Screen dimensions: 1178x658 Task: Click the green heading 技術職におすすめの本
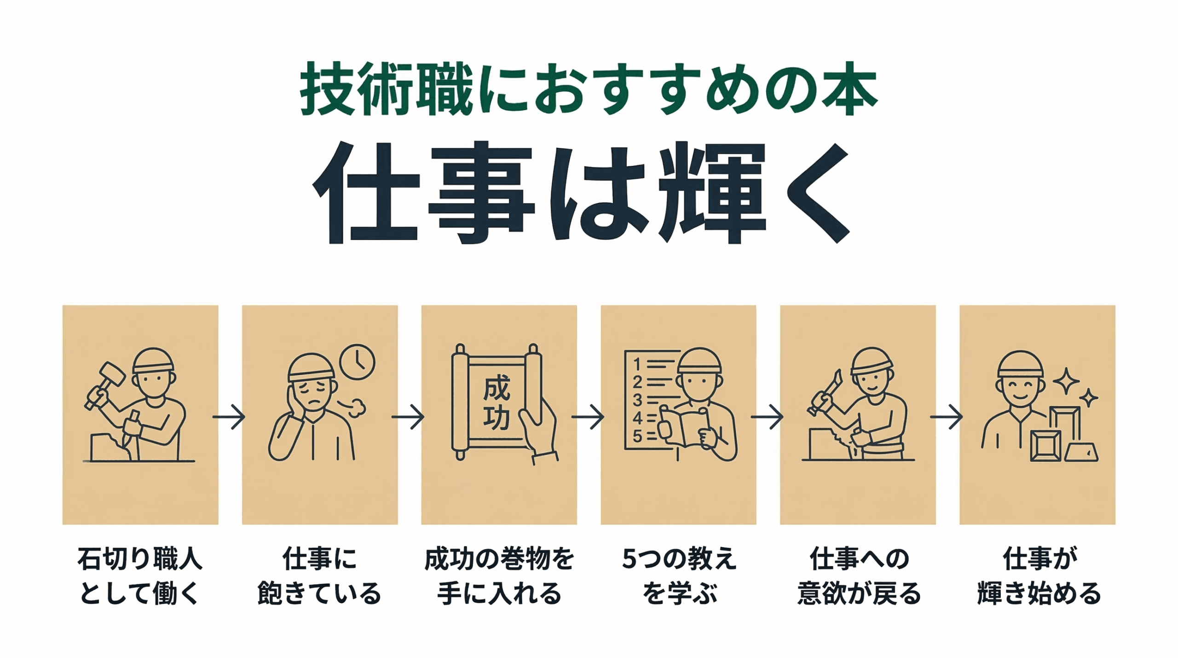pos(589,88)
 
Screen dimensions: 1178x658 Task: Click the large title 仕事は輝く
pos(581,192)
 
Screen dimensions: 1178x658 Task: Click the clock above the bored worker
pos(357,362)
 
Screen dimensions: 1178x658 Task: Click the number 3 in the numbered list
pos(637,400)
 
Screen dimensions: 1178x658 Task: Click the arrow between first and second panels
pos(229,417)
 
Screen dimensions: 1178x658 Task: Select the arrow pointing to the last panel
pos(947,417)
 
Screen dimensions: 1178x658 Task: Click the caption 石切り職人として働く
pos(140,576)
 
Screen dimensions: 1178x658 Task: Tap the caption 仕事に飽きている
pos(319,576)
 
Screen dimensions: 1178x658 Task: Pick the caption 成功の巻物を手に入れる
pos(499,576)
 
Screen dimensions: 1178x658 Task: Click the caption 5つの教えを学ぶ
pos(679,576)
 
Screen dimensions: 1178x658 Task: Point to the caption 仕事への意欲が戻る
pos(859,576)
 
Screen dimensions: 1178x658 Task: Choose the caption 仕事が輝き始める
pos(1039,576)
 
